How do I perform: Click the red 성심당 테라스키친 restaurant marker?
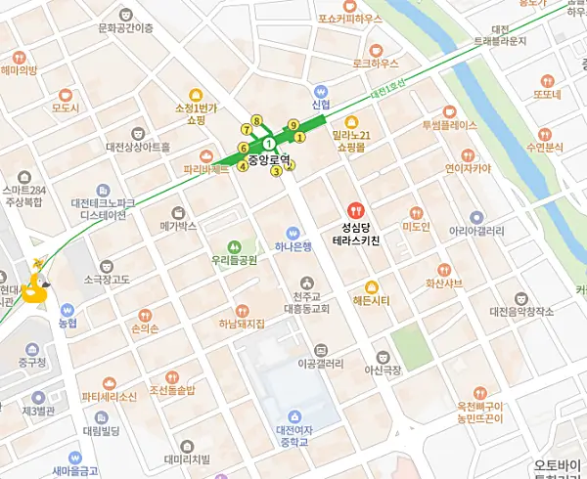tap(356, 208)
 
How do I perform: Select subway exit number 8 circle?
tap(256, 121)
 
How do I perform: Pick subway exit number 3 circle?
tap(277, 172)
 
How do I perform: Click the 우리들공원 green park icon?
tap(234, 246)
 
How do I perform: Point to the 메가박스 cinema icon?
tap(178, 212)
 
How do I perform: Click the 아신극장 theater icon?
tap(382, 357)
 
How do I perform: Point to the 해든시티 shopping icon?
tap(372, 285)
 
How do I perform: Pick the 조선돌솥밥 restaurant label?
tap(172, 391)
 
